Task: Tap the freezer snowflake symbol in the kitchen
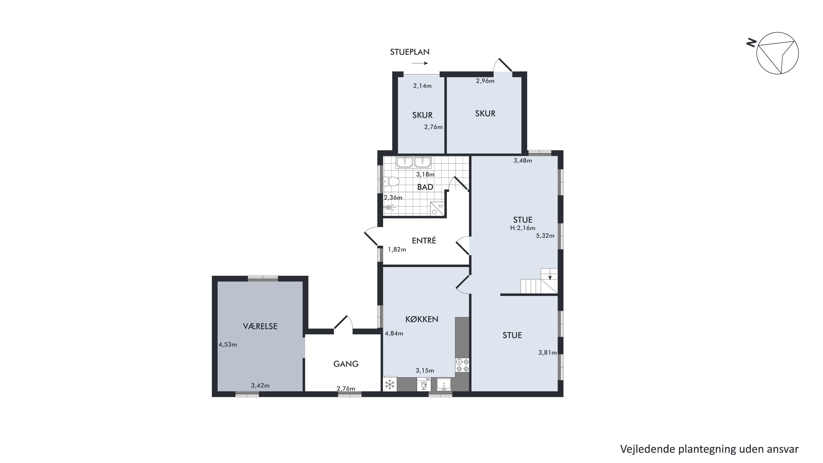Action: click(390, 385)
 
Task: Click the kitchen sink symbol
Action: click(444, 385)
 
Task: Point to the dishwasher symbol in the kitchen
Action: click(424, 385)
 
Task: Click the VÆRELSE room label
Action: click(260, 326)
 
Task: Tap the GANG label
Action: click(346, 364)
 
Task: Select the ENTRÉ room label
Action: click(424, 241)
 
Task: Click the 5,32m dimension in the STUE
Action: click(545, 236)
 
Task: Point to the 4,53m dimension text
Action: click(228, 345)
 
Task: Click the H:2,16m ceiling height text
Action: click(523, 228)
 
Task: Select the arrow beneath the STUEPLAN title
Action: click(420, 63)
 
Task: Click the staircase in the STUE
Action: click(539, 281)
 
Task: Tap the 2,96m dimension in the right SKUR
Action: click(485, 81)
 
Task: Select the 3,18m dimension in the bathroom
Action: click(425, 175)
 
